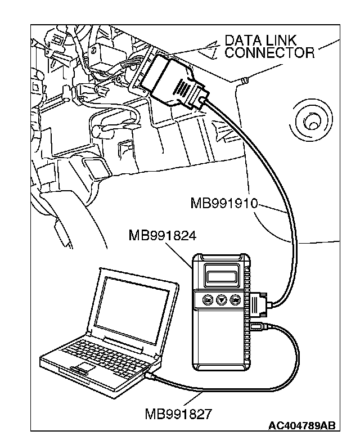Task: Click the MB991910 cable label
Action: point(223,203)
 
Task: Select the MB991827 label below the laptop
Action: point(178,415)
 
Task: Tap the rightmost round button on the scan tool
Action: point(236,299)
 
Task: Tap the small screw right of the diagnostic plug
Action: point(242,82)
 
